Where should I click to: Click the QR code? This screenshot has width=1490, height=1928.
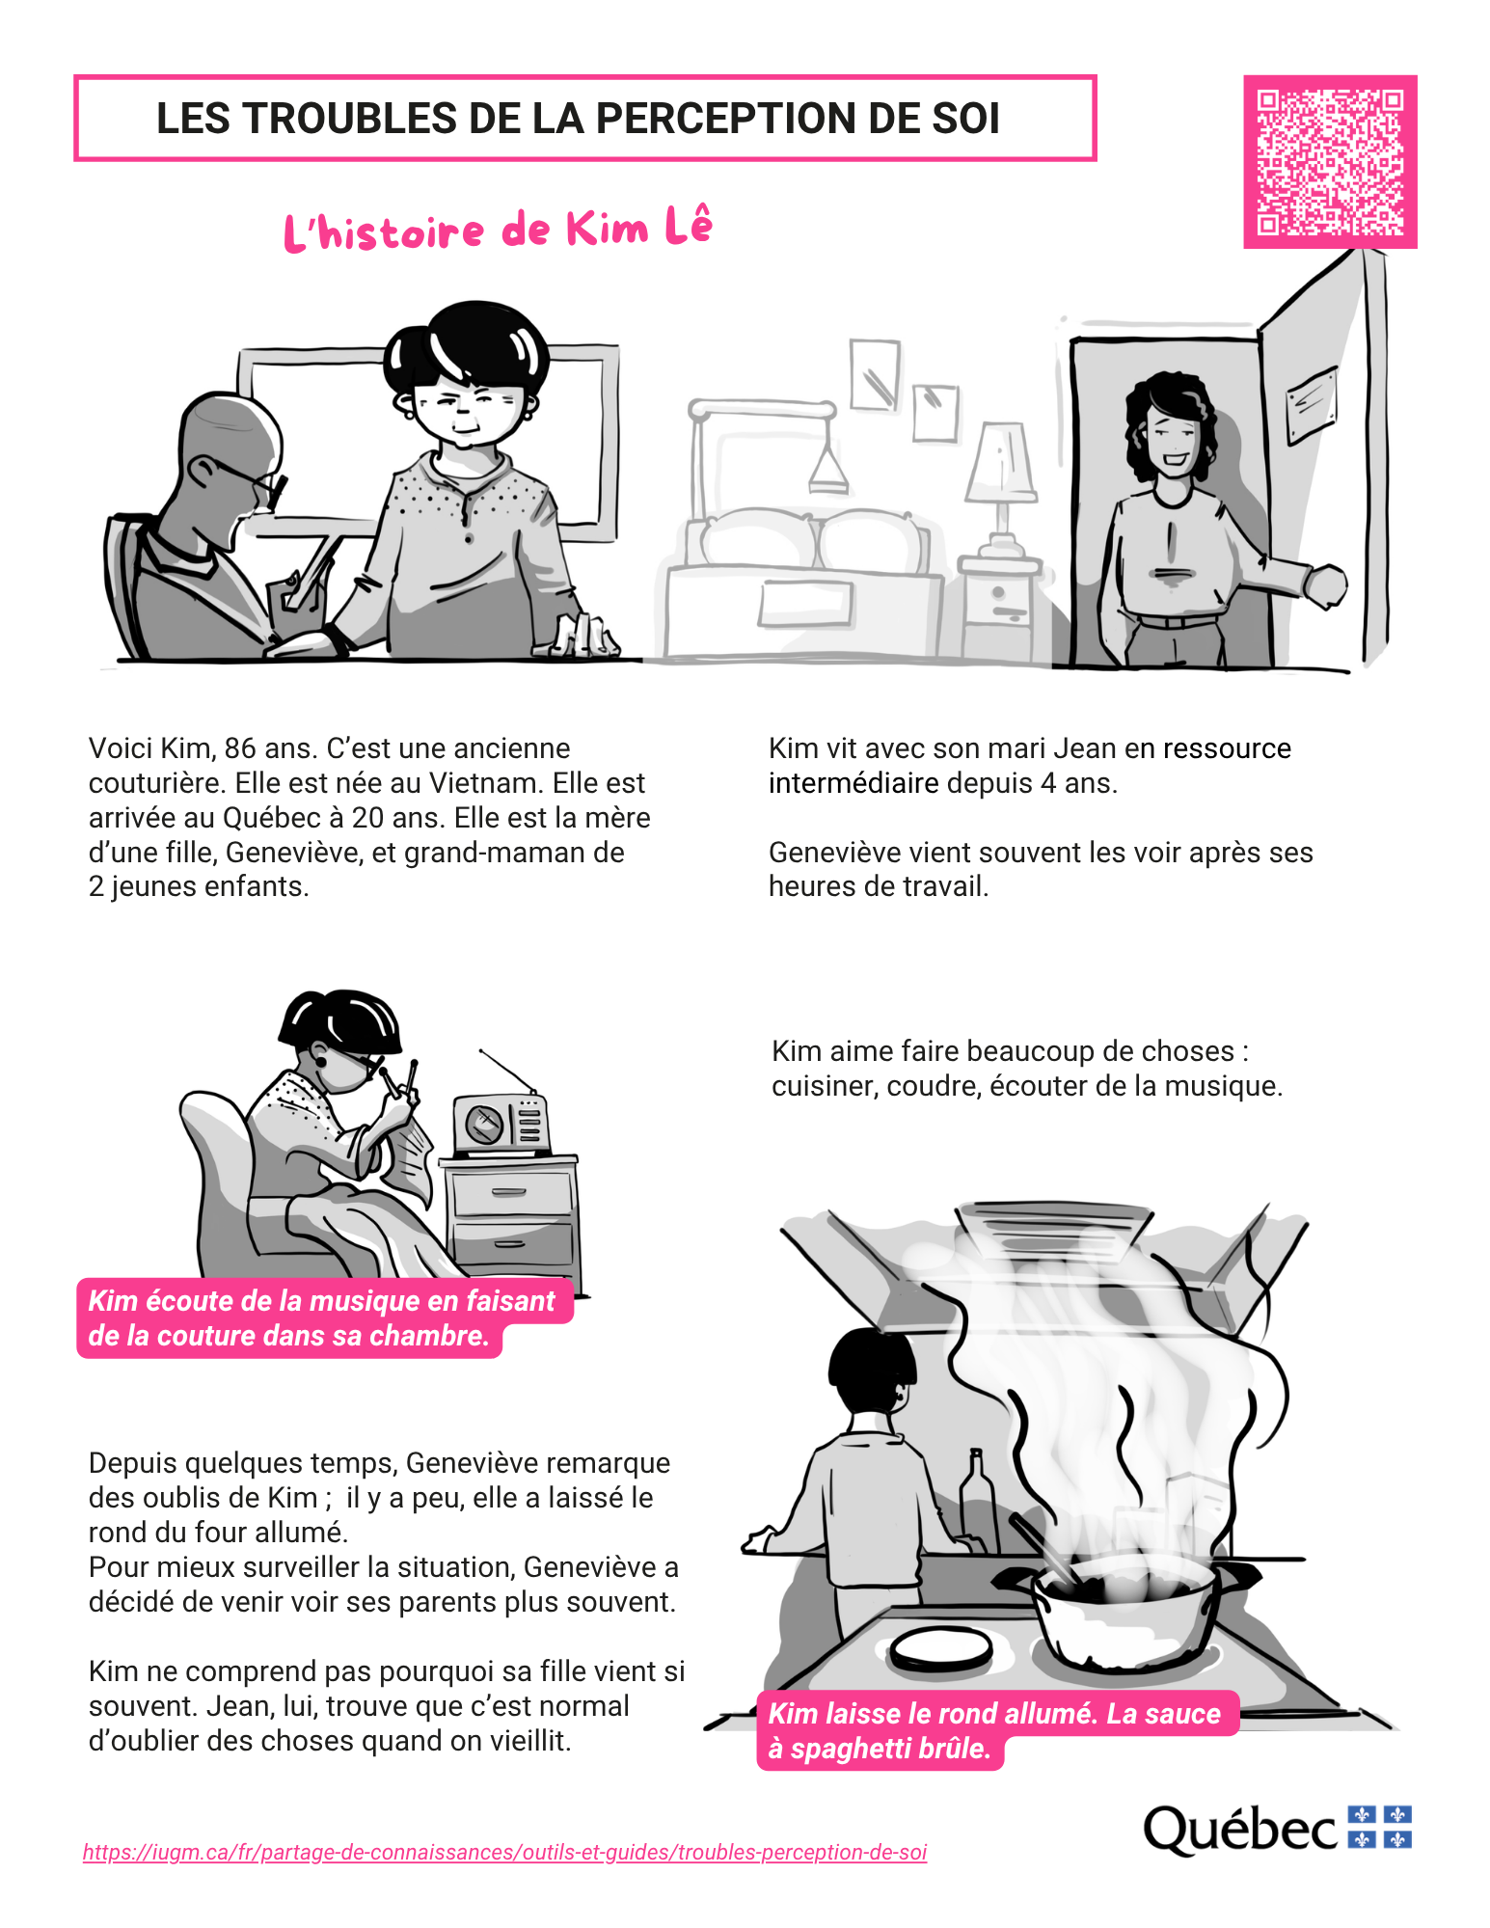pos(1330,162)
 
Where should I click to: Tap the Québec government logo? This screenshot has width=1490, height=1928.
pos(1277,1829)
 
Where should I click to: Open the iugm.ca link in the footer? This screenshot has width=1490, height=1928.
pos(504,1852)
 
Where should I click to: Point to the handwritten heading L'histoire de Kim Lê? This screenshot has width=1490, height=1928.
pos(498,230)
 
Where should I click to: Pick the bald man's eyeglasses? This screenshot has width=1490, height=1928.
pos(253,479)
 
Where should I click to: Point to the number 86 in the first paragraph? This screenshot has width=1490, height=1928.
pos(241,748)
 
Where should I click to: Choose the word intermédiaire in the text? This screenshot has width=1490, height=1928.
pos(853,783)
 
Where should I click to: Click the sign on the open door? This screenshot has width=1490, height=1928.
pos(1312,403)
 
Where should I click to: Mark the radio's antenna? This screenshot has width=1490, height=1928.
pos(507,1072)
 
